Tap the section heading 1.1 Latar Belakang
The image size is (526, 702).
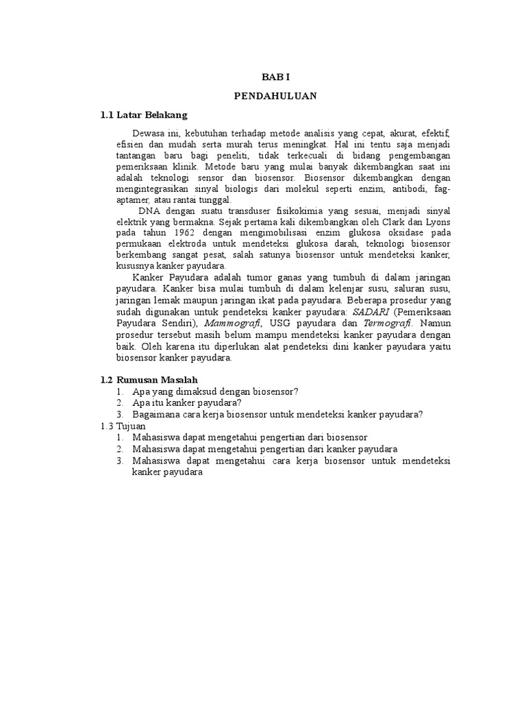[x=144, y=114]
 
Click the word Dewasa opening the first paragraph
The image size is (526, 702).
[x=149, y=132]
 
